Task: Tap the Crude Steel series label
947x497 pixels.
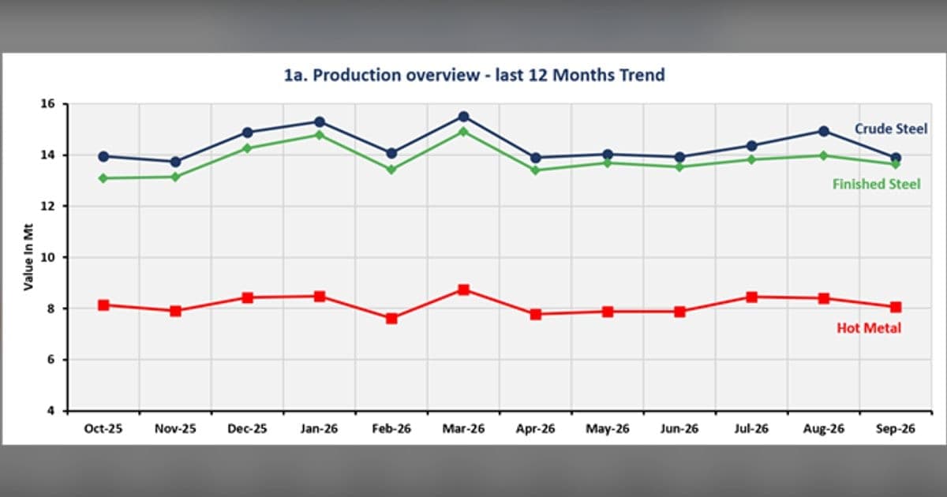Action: coord(891,129)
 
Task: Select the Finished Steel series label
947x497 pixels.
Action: coord(876,185)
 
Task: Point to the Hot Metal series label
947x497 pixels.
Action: coord(869,328)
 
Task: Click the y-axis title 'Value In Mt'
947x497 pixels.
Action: coord(28,257)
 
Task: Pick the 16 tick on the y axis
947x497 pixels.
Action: coord(48,103)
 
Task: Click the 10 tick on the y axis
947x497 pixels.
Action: coord(48,257)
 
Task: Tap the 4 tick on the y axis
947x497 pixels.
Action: coord(51,411)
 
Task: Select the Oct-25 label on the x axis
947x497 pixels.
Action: coord(103,429)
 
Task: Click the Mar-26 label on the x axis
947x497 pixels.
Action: coord(463,429)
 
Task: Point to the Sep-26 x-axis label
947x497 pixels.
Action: coord(896,429)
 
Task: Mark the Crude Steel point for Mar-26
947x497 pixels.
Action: coord(464,117)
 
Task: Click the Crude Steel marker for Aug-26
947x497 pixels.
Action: coord(824,132)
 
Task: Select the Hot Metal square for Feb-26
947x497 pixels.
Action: coord(391,318)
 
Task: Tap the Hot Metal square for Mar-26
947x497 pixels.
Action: coord(464,290)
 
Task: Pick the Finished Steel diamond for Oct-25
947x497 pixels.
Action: coord(103,178)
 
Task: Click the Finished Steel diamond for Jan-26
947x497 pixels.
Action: coord(319,135)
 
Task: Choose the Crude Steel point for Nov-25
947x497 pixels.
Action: coord(175,162)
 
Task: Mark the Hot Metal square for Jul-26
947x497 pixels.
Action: coord(751,297)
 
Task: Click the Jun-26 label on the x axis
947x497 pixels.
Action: coord(679,429)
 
